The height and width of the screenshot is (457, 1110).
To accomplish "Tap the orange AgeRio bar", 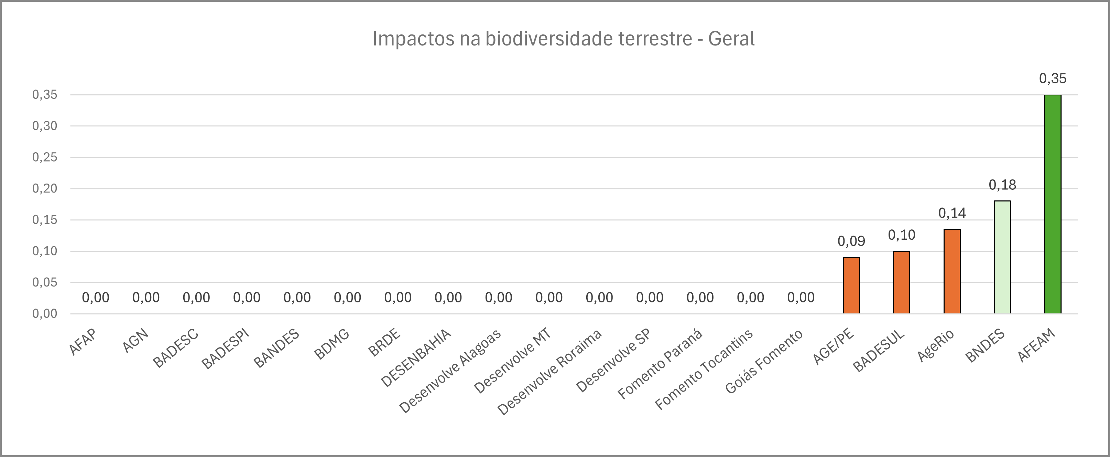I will pyautogui.click(x=952, y=271).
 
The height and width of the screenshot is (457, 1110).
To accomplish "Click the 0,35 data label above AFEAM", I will pyautogui.click(x=1052, y=79).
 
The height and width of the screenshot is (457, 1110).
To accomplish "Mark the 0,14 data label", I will pyautogui.click(x=952, y=213).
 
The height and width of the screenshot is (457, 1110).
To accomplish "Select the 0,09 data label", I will pyautogui.click(x=851, y=241).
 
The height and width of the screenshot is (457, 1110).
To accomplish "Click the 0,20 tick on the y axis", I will pyautogui.click(x=45, y=189).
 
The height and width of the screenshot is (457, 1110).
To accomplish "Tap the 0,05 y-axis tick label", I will pyautogui.click(x=45, y=283).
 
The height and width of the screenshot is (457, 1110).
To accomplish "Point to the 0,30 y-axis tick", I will pyautogui.click(x=45, y=126).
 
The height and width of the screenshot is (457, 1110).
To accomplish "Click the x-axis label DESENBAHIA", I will pyautogui.click(x=416, y=358).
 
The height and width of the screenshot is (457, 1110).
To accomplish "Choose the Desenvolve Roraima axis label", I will pyautogui.click(x=549, y=372).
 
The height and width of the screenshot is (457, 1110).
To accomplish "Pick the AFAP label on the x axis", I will pyautogui.click(x=83, y=342).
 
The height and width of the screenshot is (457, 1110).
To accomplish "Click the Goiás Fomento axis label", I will pyautogui.click(x=764, y=362).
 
